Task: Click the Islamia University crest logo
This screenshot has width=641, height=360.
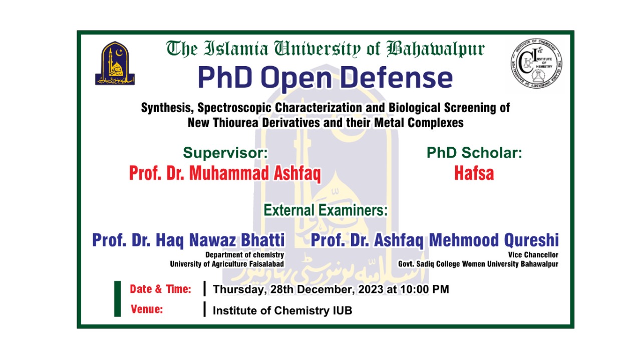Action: point(115,64)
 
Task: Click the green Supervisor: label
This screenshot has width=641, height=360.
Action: point(225,153)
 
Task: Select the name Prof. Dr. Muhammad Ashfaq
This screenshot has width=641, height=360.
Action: point(225,173)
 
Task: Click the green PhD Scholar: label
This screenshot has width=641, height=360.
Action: point(474,153)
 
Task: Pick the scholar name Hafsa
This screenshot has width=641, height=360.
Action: point(474,173)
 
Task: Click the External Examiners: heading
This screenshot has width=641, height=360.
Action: point(326,210)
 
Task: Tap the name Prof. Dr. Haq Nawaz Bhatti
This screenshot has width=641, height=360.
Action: point(188,240)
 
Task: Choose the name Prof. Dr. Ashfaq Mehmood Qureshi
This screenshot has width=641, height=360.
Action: point(435,240)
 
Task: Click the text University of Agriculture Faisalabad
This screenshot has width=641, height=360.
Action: point(227,264)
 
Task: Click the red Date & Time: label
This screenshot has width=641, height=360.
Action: point(160,289)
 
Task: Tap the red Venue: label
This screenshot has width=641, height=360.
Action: point(147,309)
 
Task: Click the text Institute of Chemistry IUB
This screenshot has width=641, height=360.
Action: point(282,310)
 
